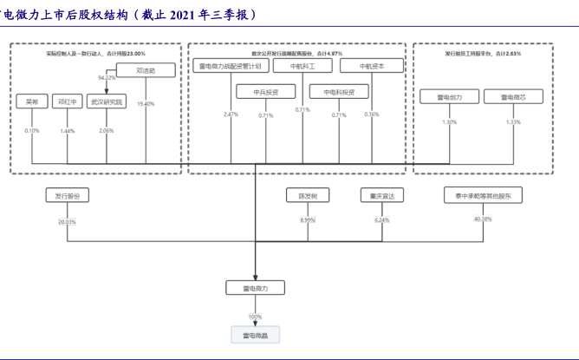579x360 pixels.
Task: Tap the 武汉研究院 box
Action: (x=107, y=101)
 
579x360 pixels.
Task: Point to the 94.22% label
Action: (x=107, y=78)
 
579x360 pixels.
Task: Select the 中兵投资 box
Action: (x=265, y=90)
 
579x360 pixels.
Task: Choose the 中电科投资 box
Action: (x=339, y=90)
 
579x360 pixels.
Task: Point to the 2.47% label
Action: (x=231, y=115)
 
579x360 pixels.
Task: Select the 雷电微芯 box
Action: (x=513, y=97)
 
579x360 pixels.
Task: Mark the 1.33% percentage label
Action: (x=513, y=122)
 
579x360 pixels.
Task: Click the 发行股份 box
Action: (x=67, y=196)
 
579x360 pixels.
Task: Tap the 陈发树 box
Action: (x=308, y=196)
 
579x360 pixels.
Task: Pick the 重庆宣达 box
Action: (x=382, y=196)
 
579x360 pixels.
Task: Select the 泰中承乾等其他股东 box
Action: (x=483, y=196)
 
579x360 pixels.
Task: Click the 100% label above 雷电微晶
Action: (x=256, y=317)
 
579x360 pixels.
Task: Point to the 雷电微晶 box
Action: (x=256, y=335)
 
